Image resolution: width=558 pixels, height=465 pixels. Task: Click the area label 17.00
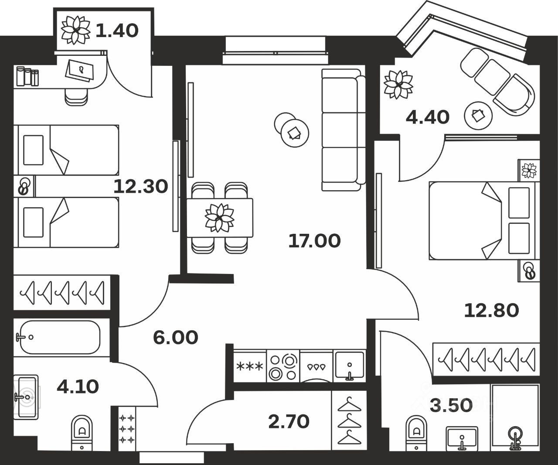point(314,241)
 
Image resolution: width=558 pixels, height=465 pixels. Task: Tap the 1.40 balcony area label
point(116,31)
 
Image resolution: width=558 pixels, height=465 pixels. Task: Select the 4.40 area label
point(427,117)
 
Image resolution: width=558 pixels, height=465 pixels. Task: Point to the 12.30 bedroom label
point(140,187)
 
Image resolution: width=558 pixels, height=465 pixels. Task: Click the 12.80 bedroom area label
point(491,311)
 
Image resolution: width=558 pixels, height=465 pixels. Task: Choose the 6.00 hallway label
point(176,337)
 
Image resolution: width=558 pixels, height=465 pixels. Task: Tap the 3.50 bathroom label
point(451,405)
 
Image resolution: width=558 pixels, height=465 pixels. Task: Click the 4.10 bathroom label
point(78,386)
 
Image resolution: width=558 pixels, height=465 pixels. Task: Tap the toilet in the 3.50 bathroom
point(416,432)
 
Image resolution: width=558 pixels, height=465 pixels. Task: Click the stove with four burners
point(282,367)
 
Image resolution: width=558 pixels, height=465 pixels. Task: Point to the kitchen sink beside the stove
point(349,366)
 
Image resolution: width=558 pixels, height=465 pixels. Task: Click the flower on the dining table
point(219,217)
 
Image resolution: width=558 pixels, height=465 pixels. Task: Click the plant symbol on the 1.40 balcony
point(75,30)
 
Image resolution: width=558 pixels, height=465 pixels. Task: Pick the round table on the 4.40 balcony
point(478,116)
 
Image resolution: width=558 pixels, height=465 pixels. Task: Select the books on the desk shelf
point(27,77)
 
